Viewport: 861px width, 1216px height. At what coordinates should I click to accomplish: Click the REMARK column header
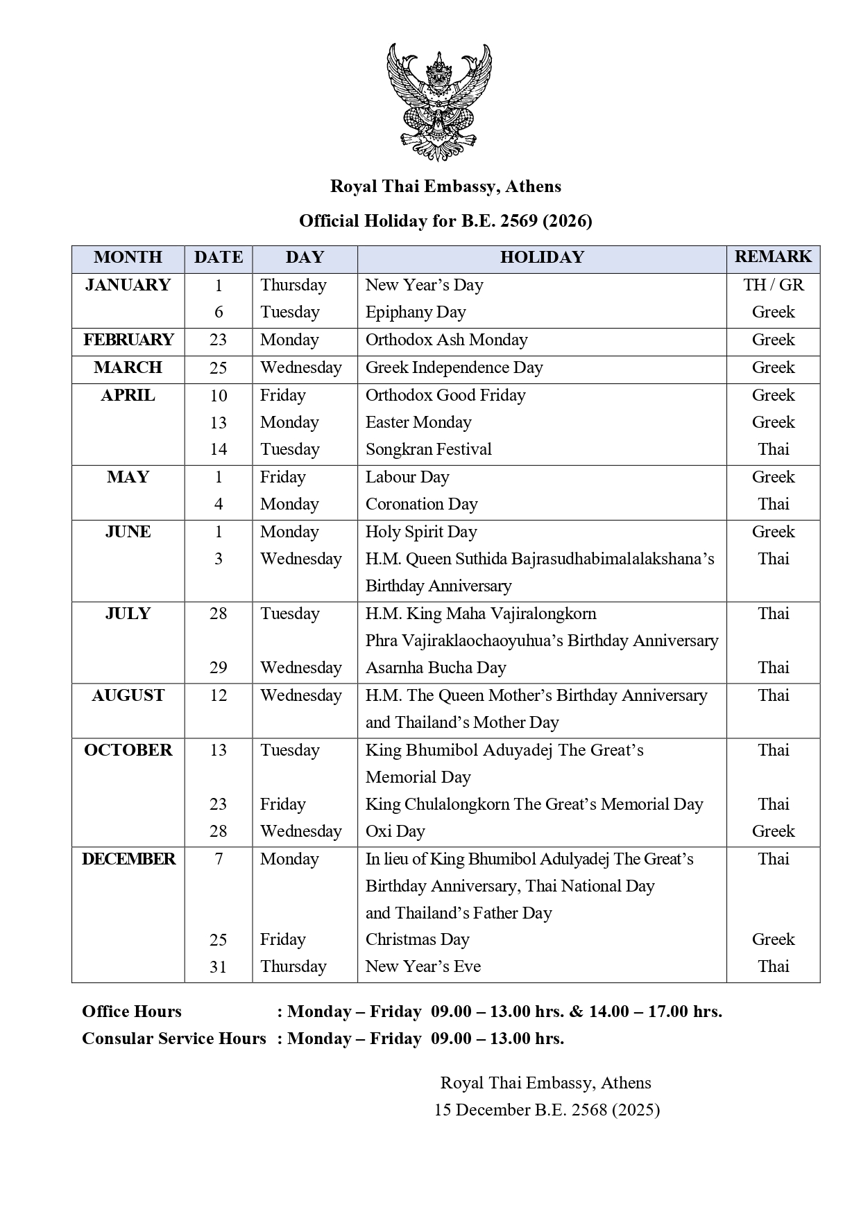(773, 257)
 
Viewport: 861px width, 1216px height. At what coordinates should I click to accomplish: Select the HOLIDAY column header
(541, 257)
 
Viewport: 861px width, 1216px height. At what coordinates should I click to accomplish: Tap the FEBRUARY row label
(128, 340)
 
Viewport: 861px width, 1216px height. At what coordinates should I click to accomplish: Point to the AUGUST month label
(128, 695)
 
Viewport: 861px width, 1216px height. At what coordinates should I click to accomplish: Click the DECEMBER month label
(128, 859)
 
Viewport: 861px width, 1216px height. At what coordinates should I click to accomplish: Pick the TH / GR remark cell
(773, 285)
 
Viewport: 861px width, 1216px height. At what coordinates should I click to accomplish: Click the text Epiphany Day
(416, 312)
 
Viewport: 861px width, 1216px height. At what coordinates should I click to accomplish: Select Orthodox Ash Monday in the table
(446, 340)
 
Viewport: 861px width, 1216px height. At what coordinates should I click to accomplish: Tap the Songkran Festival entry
(428, 449)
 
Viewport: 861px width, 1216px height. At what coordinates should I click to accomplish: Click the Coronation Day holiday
(421, 504)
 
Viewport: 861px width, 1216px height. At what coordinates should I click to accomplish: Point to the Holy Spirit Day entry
(421, 532)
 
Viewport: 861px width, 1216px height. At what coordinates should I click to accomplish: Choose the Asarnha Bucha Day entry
(436, 668)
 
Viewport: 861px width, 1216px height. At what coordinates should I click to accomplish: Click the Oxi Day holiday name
(395, 831)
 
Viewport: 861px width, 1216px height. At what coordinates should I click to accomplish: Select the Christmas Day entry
(417, 939)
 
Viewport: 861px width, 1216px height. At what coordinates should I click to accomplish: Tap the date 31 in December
(219, 966)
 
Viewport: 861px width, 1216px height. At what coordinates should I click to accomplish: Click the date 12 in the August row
(219, 695)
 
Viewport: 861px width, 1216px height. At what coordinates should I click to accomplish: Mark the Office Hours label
(132, 1011)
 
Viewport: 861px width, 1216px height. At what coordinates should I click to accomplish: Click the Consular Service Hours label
(174, 1039)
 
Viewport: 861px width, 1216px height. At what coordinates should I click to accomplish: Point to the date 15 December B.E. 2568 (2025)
(547, 1110)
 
